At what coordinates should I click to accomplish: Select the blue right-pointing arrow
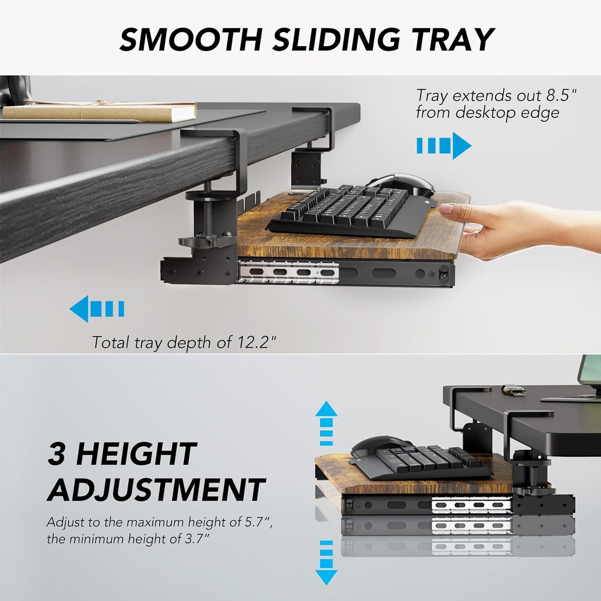point(444,146)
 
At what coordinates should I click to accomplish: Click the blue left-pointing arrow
point(96,309)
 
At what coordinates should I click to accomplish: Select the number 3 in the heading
point(58,454)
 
